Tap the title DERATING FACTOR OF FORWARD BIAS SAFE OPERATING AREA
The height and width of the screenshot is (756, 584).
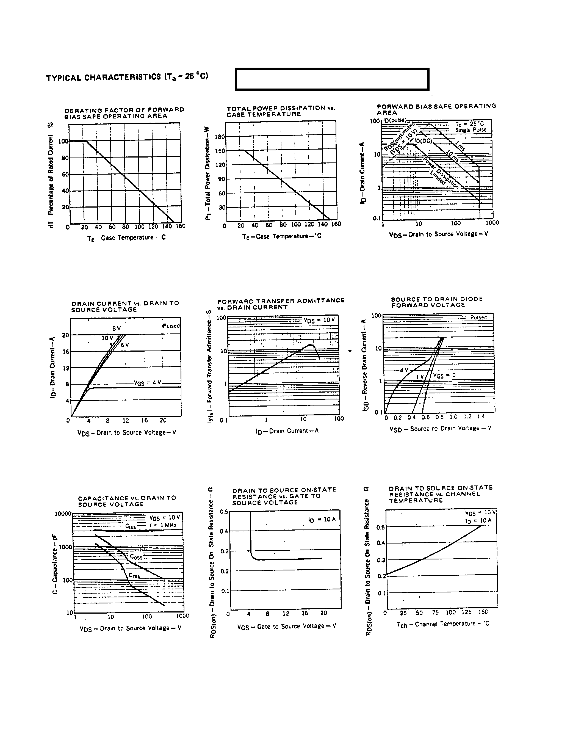click(124, 113)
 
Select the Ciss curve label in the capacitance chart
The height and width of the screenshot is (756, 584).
click(131, 526)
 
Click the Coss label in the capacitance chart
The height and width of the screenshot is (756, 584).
click(136, 557)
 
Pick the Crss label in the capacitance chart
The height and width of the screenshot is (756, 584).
click(134, 575)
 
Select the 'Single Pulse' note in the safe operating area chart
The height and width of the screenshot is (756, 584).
click(470, 130)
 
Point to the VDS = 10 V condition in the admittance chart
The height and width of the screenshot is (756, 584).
click(319, 320)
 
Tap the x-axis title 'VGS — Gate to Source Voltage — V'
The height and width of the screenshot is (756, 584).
click(286, 626)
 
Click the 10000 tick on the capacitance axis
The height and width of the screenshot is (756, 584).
click(63, 513)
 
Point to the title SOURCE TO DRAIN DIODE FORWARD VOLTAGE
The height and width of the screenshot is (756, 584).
click(437, 302)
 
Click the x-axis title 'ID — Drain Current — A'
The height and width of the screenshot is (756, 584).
click(287, 431)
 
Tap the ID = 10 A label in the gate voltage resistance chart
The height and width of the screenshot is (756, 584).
click(322, 520)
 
